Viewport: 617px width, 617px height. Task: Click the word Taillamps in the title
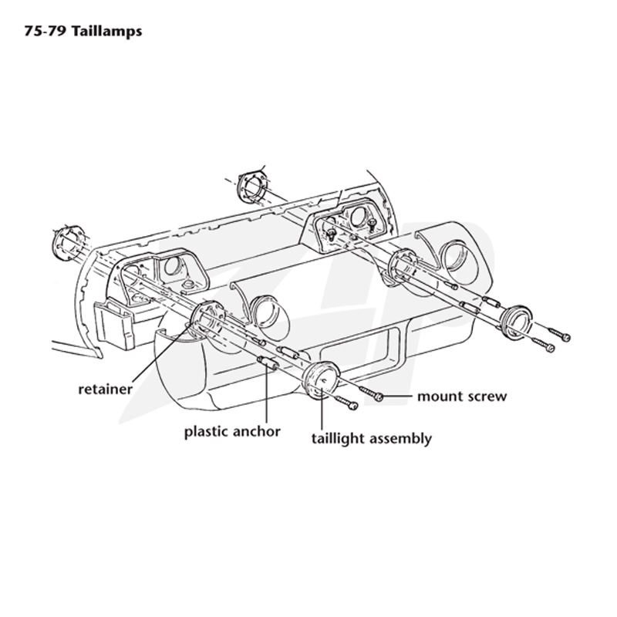pyautogui.click(x=106, y=31)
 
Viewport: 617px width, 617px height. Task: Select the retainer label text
pyautogui.click(x=106, y=389)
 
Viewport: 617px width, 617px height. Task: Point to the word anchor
pyautogui.click(x=256, y=431)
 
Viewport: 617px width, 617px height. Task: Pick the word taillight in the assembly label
pyautogui.click(x=338, y=438)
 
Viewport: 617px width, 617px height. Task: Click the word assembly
pyautogui.click(x=400, y=438)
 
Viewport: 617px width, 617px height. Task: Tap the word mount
pyautogui.click(x=440, y=396)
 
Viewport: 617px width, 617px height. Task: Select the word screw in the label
pyautogui.click(x=487, y=396)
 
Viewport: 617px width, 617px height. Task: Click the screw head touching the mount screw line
pyautogui.click(x=379, y=396)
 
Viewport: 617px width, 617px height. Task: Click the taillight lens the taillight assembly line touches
pyautogui.click(x=320, y=379)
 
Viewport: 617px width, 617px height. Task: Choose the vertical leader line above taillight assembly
pyautogui.click(x=322, y=408)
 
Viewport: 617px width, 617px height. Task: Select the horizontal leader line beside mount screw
pyautogui.click(x=397, y=396)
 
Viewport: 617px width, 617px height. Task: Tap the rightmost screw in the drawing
pyautogui.click(x=558, y=334)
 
